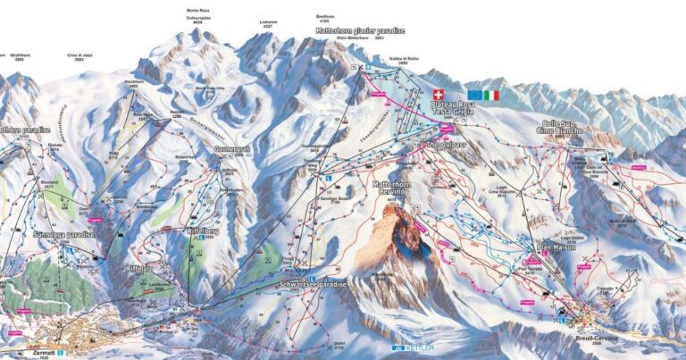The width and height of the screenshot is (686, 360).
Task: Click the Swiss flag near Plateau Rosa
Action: pos(438,94)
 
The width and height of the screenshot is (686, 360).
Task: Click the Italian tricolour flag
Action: pos(492,94)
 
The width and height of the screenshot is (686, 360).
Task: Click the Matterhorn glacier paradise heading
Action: pos(360,31)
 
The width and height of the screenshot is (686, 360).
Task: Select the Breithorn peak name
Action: pos(327,17)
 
